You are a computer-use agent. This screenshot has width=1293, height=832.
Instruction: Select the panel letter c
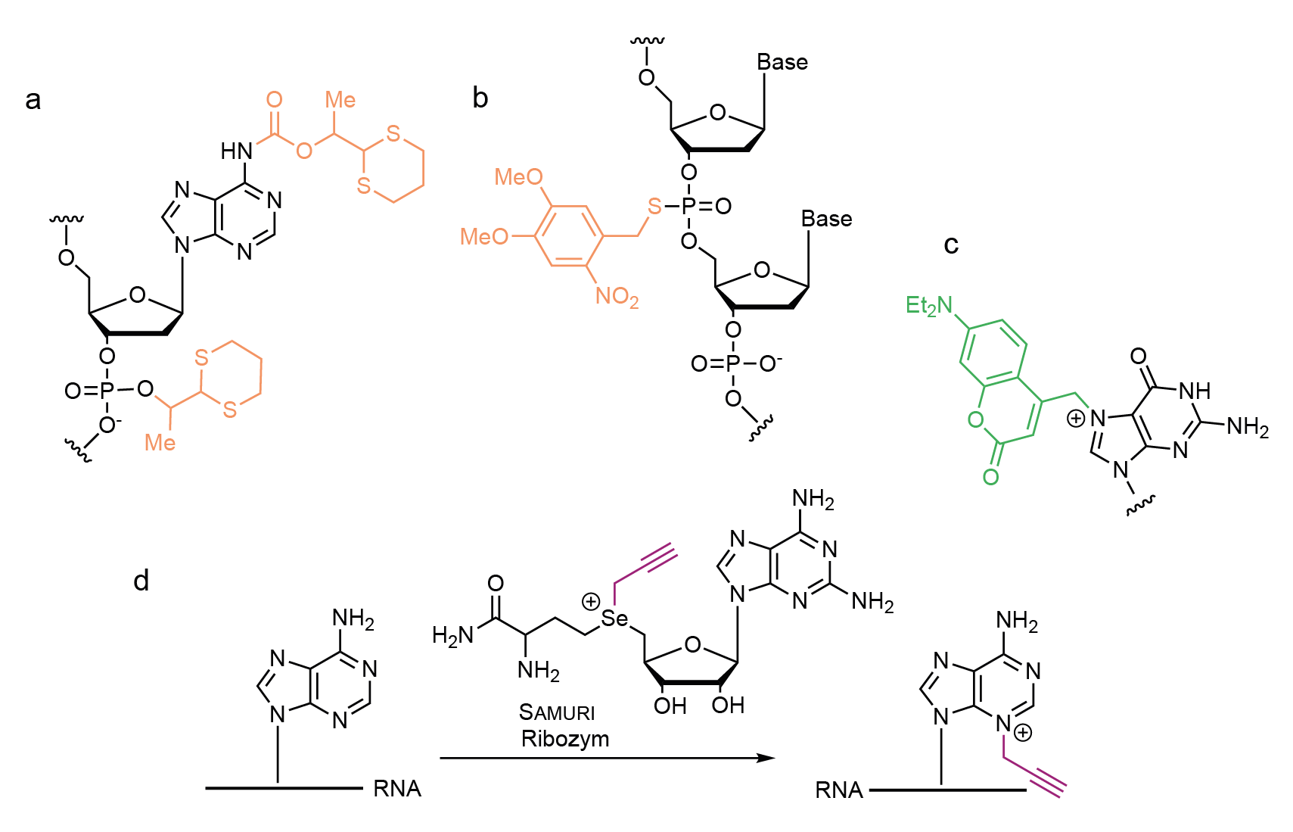951,245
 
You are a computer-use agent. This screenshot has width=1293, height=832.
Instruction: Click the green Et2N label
928,305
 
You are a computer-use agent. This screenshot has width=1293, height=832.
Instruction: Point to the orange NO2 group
617,297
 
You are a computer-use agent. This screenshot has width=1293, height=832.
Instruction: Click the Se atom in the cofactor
614,619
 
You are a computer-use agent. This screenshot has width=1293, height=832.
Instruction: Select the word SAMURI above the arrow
556,712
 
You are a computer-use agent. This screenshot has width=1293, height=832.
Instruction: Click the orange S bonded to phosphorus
654,206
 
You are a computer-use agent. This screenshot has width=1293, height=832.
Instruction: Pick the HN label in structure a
237,151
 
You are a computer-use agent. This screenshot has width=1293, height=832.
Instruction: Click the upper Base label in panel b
782,62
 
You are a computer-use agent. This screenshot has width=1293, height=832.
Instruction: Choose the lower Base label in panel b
826,219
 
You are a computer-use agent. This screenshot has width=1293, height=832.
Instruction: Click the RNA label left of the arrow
397,790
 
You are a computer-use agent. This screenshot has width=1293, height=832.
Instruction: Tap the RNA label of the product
839,790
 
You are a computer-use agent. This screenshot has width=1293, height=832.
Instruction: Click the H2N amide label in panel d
452,636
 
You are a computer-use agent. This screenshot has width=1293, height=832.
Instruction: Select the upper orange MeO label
518,177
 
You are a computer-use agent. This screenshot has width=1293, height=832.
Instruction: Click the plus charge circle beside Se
590,601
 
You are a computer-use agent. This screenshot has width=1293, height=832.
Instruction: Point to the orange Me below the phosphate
160,443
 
